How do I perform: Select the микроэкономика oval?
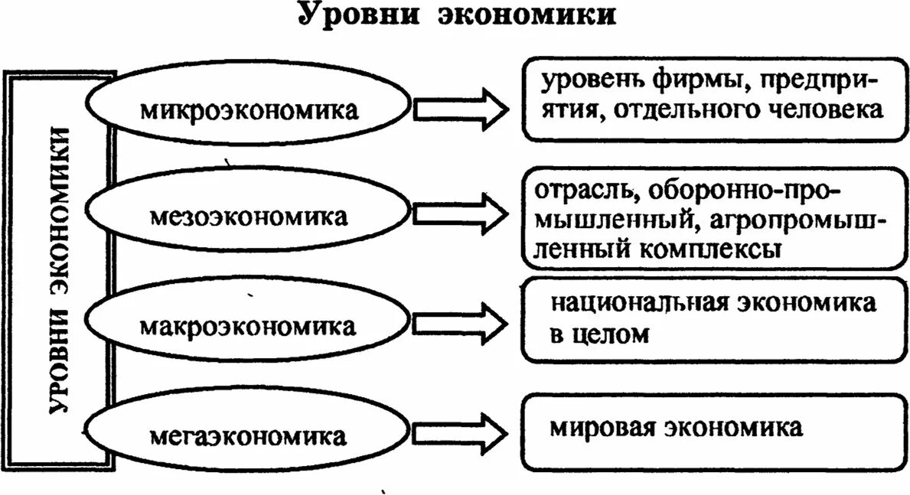point(249,109)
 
